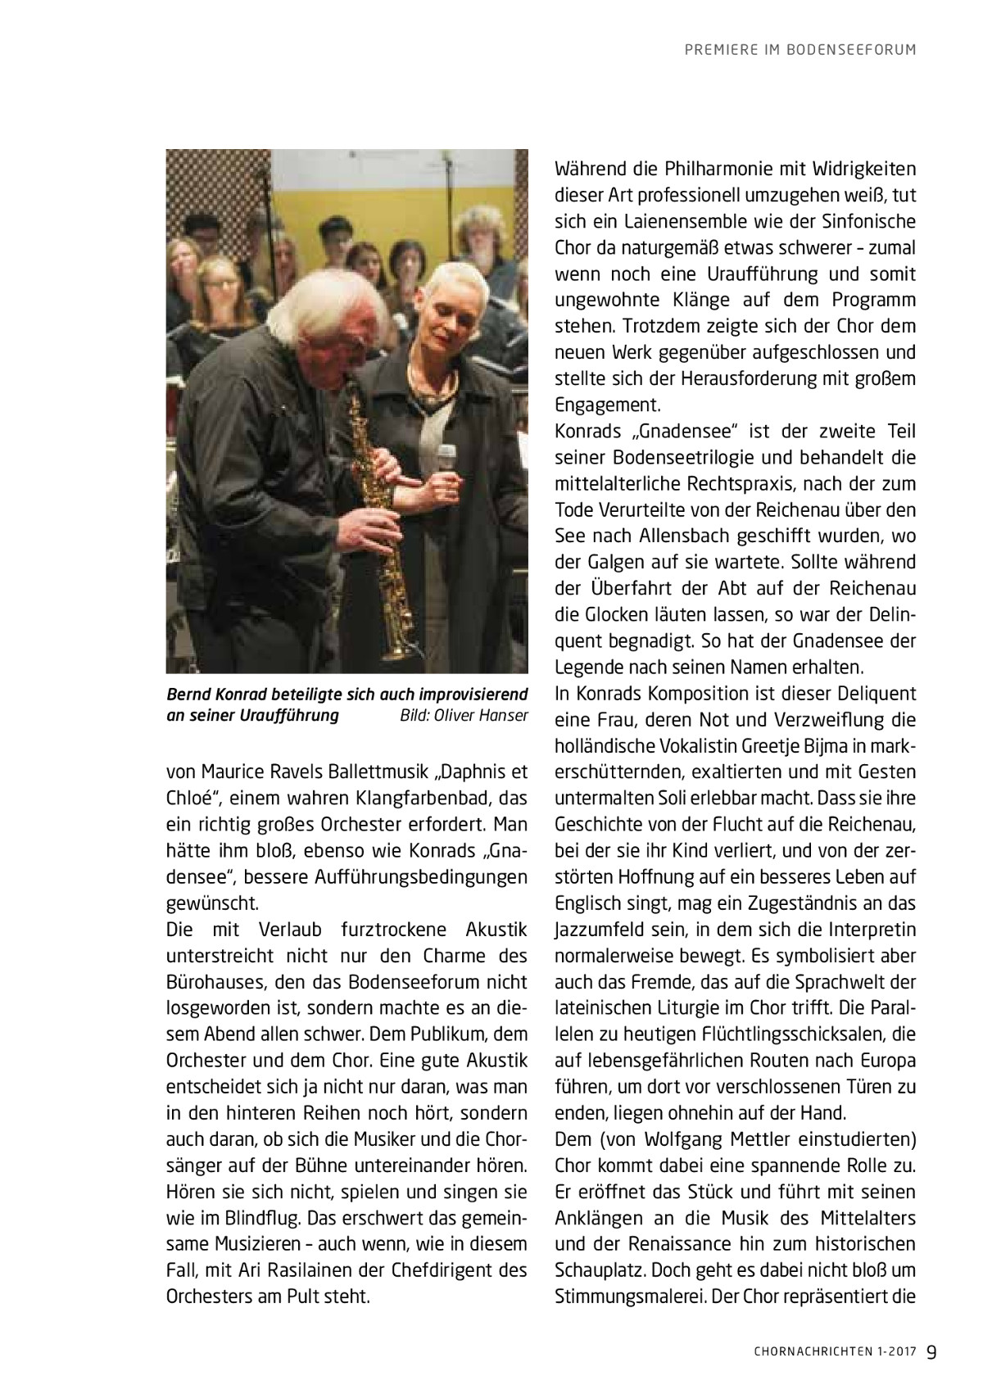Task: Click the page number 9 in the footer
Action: tap(932, 1351)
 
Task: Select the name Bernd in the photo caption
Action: tap(188, 695)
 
